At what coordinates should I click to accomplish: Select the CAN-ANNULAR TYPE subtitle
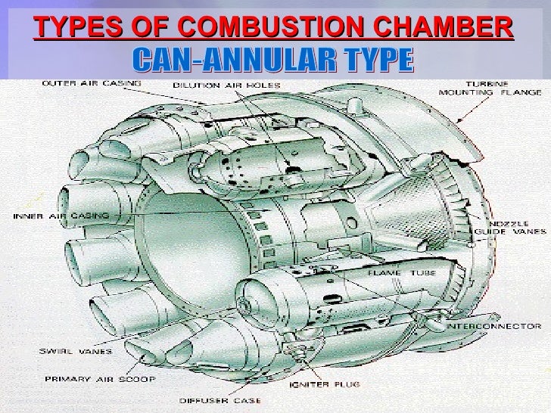coord(275,57)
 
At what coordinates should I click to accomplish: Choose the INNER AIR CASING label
coord(60,215)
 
